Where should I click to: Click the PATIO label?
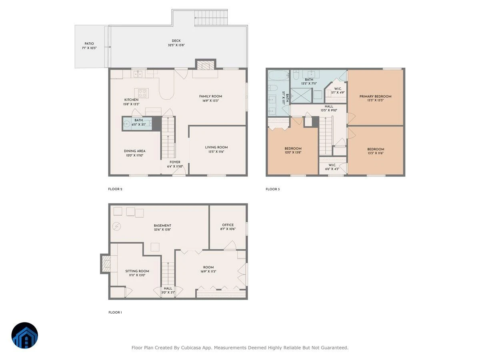click(x=89, y=44)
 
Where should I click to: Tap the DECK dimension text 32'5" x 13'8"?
click(x=176, y=45)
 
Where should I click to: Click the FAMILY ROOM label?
click(x=210, y=96)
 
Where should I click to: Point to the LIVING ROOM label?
click(x=216, y=147)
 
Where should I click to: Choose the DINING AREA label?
click(x=135, y=151)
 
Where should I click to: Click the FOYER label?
click(x=175, y=162)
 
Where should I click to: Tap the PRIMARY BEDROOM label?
click(x=376, y=96)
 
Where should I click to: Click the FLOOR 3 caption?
click(x=273, y=189)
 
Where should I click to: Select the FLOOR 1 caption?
click(x=115, y=312)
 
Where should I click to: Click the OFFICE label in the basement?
click(x=228, y=225)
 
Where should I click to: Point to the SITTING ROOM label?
click(x=137, y=271)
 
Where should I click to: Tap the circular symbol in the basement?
click(x=116, y=226)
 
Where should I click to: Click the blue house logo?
click(x=25, y=336)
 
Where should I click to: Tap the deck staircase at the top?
click(x=211, y=18)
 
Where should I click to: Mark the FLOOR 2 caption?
click(x=115, y=189)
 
